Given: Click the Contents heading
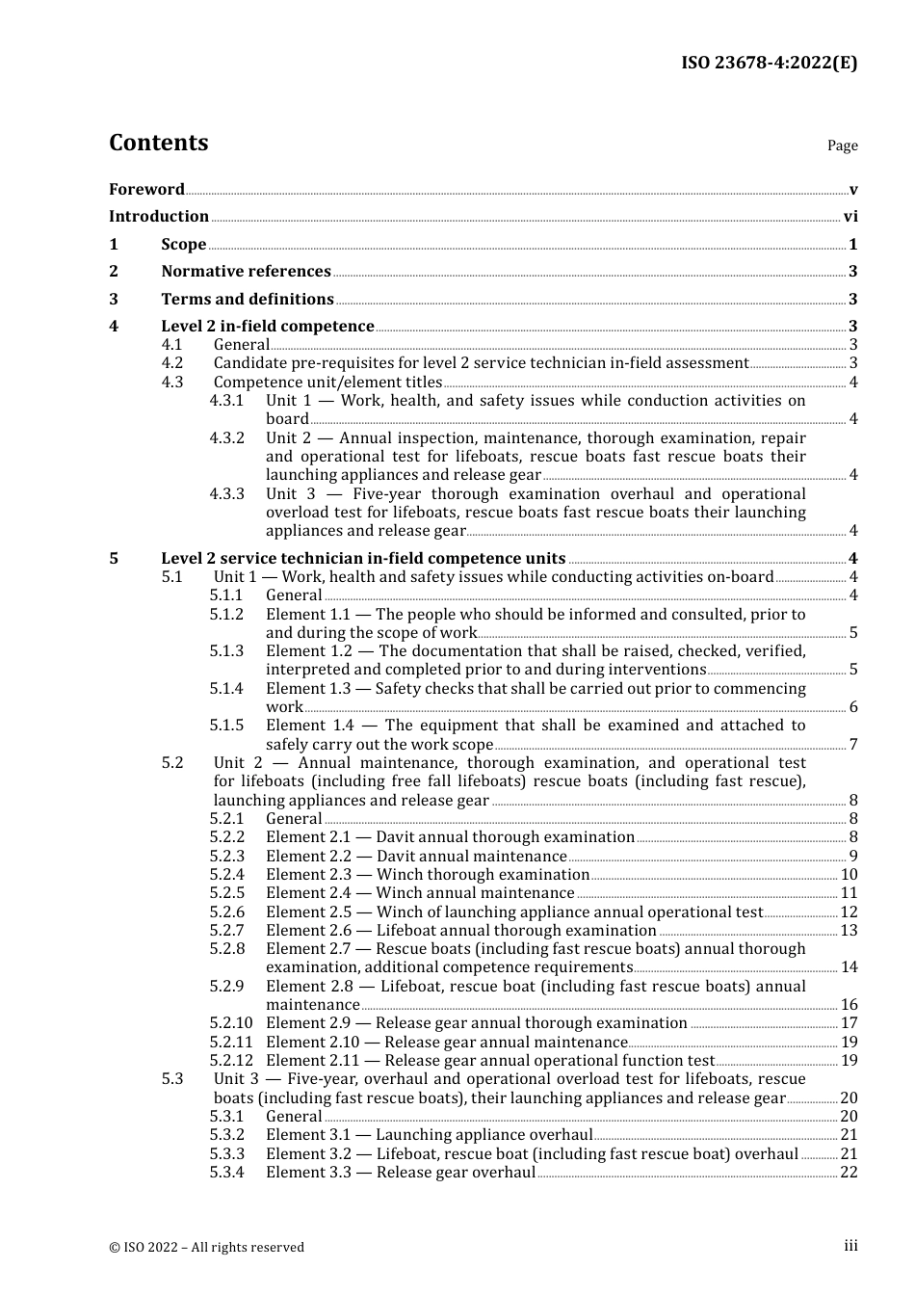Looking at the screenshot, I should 158,143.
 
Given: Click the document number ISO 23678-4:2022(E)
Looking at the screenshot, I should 769,63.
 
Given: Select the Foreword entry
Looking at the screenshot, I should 146,190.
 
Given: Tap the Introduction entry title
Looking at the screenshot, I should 159,217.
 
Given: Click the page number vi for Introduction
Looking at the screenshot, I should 850,217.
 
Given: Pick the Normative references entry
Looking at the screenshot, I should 246,272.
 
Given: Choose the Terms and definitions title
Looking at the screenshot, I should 248,300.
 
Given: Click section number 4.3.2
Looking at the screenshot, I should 227,438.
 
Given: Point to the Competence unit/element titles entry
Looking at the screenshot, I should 327,383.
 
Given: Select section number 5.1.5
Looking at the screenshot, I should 227,726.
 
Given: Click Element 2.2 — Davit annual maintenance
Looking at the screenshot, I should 416,857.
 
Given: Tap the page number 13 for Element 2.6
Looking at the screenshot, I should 849,931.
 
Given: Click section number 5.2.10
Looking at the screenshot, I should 231,1023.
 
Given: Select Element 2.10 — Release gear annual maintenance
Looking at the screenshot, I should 447,1043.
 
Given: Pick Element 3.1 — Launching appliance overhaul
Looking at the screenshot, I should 429,1135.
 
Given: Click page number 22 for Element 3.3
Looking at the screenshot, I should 849,1173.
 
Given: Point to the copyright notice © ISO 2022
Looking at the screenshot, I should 206,1247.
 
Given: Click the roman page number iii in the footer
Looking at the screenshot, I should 850,1246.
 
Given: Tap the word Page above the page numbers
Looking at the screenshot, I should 842,145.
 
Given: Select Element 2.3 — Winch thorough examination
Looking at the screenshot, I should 428,875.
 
